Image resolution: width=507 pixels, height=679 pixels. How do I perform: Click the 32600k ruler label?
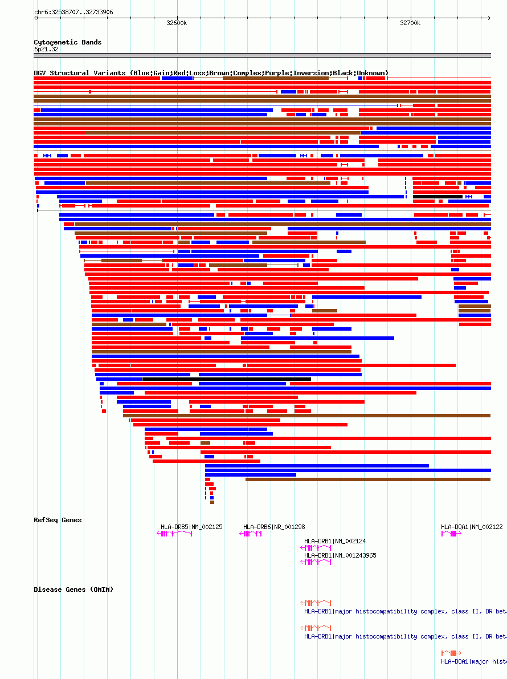point(177,23)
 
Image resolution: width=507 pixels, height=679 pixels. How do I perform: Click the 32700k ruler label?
point(410,23)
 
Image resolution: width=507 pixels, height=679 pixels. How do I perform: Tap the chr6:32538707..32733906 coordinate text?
point(73,12)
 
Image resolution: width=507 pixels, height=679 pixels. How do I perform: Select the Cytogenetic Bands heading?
point(67,42)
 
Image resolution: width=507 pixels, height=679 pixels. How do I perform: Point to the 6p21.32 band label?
point(46,50)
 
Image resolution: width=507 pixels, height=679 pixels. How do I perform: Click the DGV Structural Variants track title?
point(211,73)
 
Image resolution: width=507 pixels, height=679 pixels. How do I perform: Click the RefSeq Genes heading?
point(58,520)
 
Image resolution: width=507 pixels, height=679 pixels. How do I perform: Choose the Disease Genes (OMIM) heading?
point(73,589)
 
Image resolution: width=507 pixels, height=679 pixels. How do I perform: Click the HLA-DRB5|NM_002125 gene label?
point(191,527)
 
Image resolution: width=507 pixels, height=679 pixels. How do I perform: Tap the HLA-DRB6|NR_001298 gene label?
point(274,527)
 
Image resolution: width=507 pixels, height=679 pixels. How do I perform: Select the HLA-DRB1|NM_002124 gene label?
point(335,541)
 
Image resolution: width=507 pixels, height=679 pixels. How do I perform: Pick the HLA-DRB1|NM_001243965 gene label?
point(340,555)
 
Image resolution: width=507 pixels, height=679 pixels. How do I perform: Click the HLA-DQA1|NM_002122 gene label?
point(472,527)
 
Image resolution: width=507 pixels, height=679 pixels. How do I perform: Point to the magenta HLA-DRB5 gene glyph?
point(174,534)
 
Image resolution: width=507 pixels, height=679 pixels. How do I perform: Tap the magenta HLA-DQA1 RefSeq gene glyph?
point(451,534)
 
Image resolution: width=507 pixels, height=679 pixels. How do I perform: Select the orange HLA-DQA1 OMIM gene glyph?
point(451,653)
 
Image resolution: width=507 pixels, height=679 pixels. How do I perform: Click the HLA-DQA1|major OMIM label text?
point(473,661)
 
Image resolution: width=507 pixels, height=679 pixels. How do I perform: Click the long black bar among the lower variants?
point(227,379)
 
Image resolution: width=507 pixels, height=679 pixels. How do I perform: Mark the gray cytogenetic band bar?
point(262,55)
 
